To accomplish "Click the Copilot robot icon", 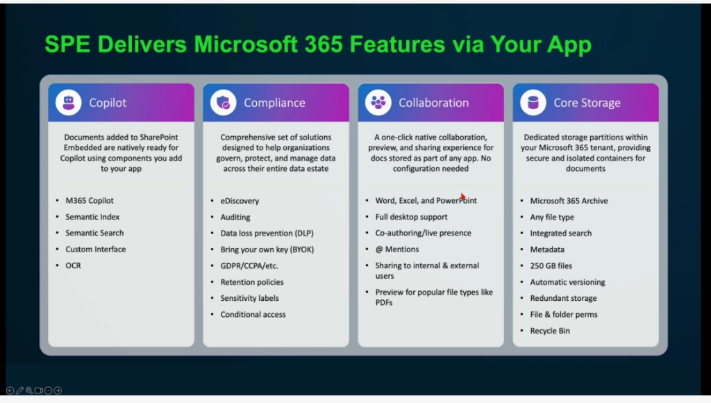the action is [x=69, y=103].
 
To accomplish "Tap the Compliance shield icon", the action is [x=224, y=103].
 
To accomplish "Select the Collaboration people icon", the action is [x=378, y=103].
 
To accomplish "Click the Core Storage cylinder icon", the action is [x=533, y=103].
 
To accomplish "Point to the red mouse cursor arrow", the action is [x=463, y=197].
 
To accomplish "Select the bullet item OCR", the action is [x=73, y=265].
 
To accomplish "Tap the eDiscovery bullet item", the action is [x=240, y=201].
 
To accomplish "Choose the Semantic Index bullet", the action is [x=92, y=217].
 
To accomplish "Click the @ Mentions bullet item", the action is [x=396, y=249].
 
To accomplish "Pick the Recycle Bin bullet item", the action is [x=550, y=331].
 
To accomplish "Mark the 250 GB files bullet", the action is [x=551, y=266].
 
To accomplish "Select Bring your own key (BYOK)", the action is [x=267, y=249].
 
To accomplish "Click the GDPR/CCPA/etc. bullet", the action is [x=249, y=266].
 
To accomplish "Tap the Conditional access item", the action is [x=253, y=315].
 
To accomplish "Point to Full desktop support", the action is [x=411, y=217].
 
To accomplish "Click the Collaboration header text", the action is [x=433, y=103].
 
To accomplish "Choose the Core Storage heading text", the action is [x=587, y=103].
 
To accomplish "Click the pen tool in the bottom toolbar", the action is [x=19, y=390].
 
